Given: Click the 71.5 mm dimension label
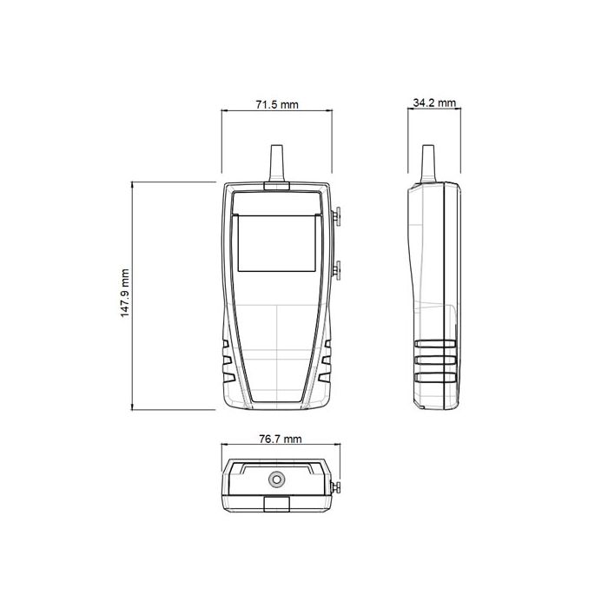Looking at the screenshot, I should [277, 104].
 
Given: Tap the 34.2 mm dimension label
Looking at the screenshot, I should [434, 102].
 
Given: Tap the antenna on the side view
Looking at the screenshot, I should [426, 163].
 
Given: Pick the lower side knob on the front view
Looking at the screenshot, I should [337, 270].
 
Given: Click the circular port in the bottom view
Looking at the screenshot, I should [278, 479].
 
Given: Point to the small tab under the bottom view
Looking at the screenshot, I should [278, 503].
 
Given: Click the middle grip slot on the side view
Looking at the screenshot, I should [435, 360].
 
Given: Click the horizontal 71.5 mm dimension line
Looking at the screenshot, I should [277, 112].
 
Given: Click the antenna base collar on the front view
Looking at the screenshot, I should [278, 185].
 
